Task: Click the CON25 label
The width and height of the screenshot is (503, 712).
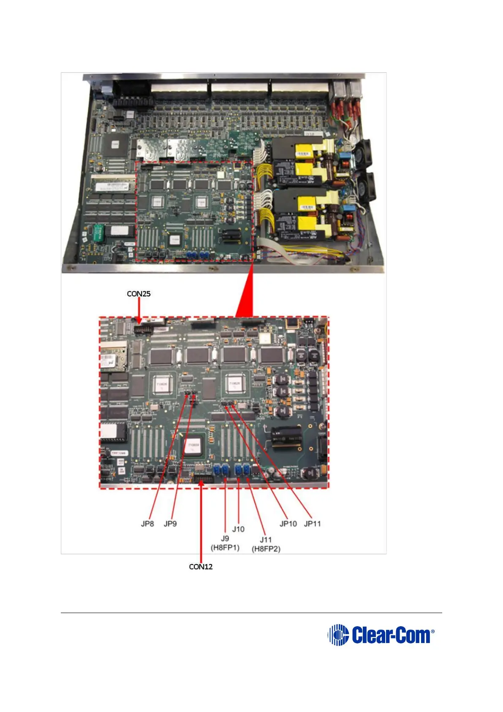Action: [x=139, y=293]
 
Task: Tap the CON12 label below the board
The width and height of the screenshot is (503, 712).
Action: [x=201, y=567]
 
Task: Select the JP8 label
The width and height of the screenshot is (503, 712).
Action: [x=147, y=523]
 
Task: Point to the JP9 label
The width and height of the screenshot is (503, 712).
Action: [x=170, y=523]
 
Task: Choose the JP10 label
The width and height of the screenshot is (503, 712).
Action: [x=288, y=523]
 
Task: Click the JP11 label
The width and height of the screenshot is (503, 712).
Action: [x=313, y=523]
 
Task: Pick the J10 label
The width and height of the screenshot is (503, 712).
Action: [x=238, y=529]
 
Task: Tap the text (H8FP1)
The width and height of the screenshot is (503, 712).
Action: [x=225, y=548]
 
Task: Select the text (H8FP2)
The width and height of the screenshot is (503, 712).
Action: [x=266, y=549]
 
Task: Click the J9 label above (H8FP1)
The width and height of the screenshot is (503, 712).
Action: [x=225, y=538]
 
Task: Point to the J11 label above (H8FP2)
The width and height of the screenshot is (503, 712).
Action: [x=266, y=539]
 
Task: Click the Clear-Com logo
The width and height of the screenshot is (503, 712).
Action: [x=381, y=635]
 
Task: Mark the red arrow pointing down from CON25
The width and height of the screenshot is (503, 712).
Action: [x=139, y=311]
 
